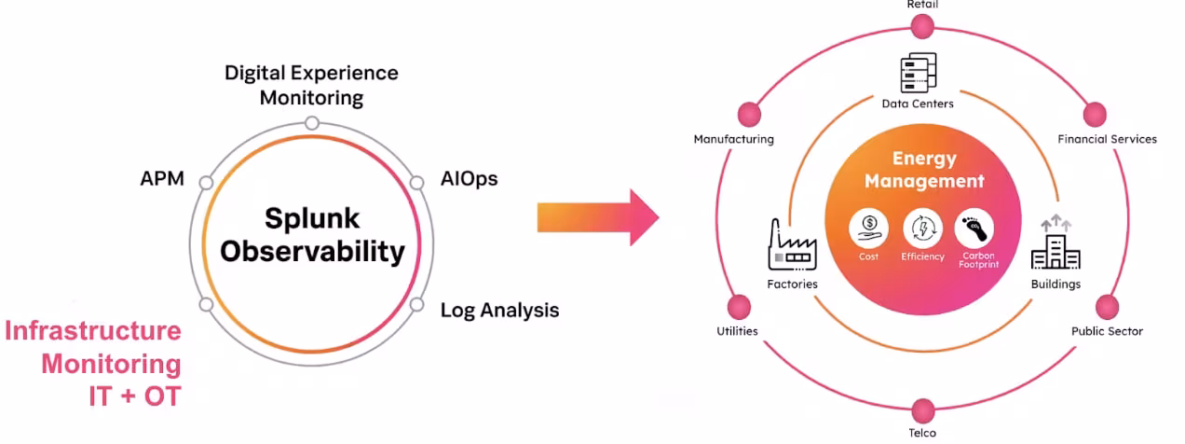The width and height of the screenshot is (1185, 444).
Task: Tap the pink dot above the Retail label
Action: [922, 26]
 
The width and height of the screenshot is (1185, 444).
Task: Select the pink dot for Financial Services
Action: [1096, 116]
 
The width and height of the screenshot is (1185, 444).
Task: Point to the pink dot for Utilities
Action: [738, 307]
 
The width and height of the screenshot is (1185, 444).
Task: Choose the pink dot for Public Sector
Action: [1107, 307]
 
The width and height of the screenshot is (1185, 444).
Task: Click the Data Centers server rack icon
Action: [918, 73]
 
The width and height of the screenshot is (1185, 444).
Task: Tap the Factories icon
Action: [792, 245]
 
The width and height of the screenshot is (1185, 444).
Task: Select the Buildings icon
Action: [1055, 243]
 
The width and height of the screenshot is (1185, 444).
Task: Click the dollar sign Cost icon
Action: [868, 227]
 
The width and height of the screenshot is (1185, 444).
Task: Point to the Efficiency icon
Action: [922, 227]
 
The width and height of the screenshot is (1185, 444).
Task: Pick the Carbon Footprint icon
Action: [974, 227]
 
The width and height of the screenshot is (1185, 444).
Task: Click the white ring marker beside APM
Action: [206, 182]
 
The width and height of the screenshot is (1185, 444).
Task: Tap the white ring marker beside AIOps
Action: [416, 182]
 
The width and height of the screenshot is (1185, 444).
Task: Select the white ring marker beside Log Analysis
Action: [416, 304]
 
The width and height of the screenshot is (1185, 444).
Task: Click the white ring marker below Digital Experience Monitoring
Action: [312, 123]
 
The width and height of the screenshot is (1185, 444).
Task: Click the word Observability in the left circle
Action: [312, 252]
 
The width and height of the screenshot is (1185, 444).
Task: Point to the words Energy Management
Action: [923, 170]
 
